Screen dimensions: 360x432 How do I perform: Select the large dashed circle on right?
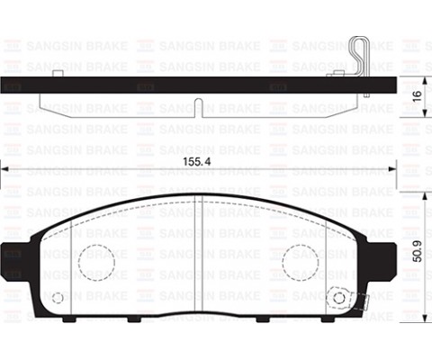(300, 262)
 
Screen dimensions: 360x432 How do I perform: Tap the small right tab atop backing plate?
(339, 73)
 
